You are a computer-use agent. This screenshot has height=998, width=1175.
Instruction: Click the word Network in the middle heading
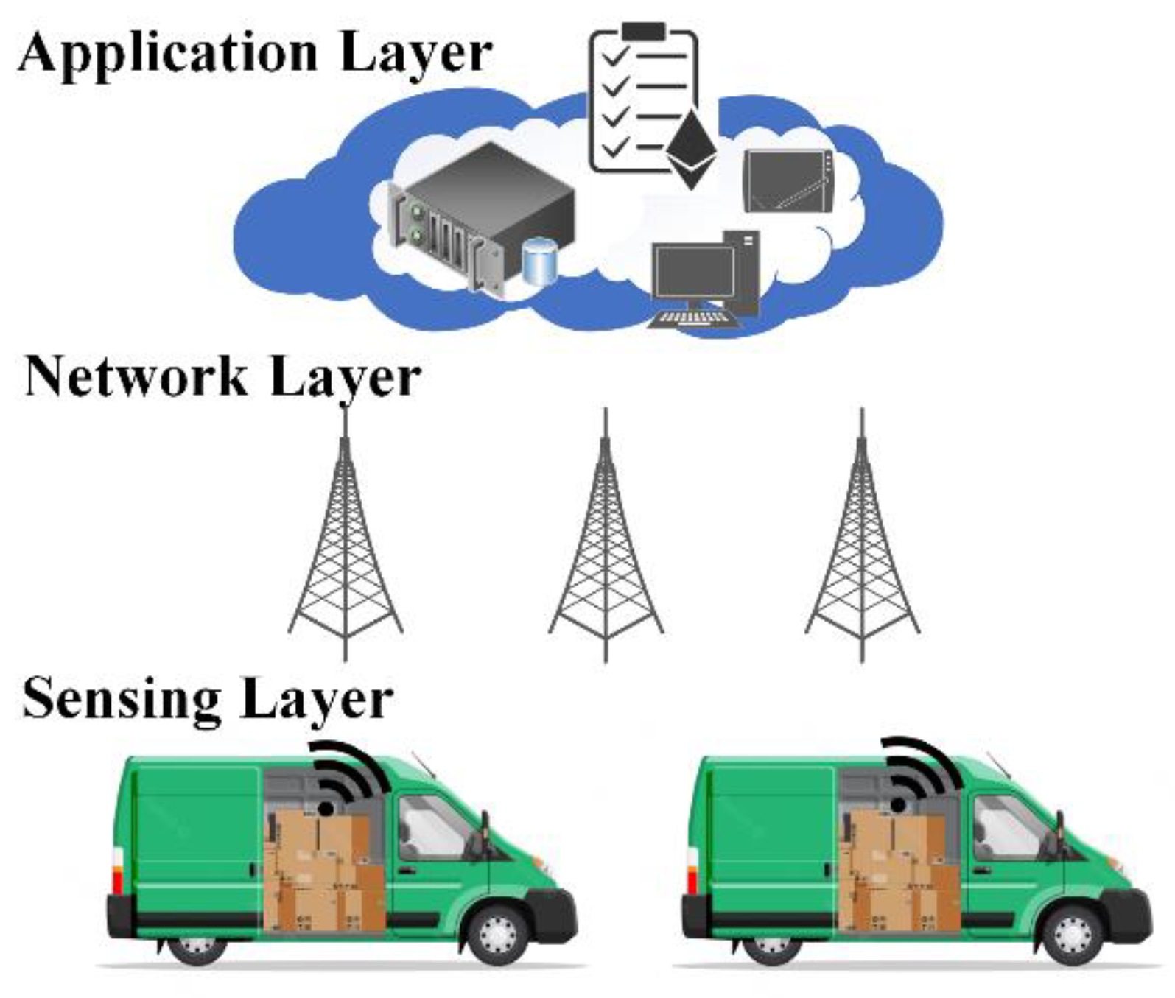point(136,376)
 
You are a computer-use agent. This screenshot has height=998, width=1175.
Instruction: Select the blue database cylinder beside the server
point(539,261)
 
